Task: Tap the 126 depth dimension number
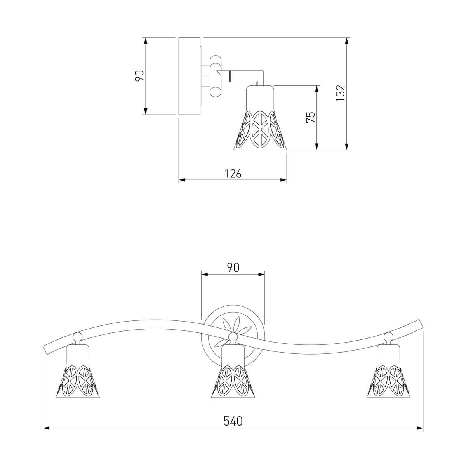pos(233,174)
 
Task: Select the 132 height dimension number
pos(340,93)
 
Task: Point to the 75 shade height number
pos(311,117)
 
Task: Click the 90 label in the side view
pos(139,76)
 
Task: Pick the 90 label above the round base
pos(233,268)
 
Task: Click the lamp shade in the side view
pos(260,118)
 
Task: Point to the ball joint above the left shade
pos(77,336)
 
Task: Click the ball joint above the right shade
pos(388,336)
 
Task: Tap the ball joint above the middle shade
pos(233,336)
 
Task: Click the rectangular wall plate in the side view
pos(190,76)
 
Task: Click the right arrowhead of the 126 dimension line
pos(283,180)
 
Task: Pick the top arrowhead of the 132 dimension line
pos(347,41)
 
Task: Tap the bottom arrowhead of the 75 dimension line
pos(317,146)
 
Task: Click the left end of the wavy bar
pos(45,350)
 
